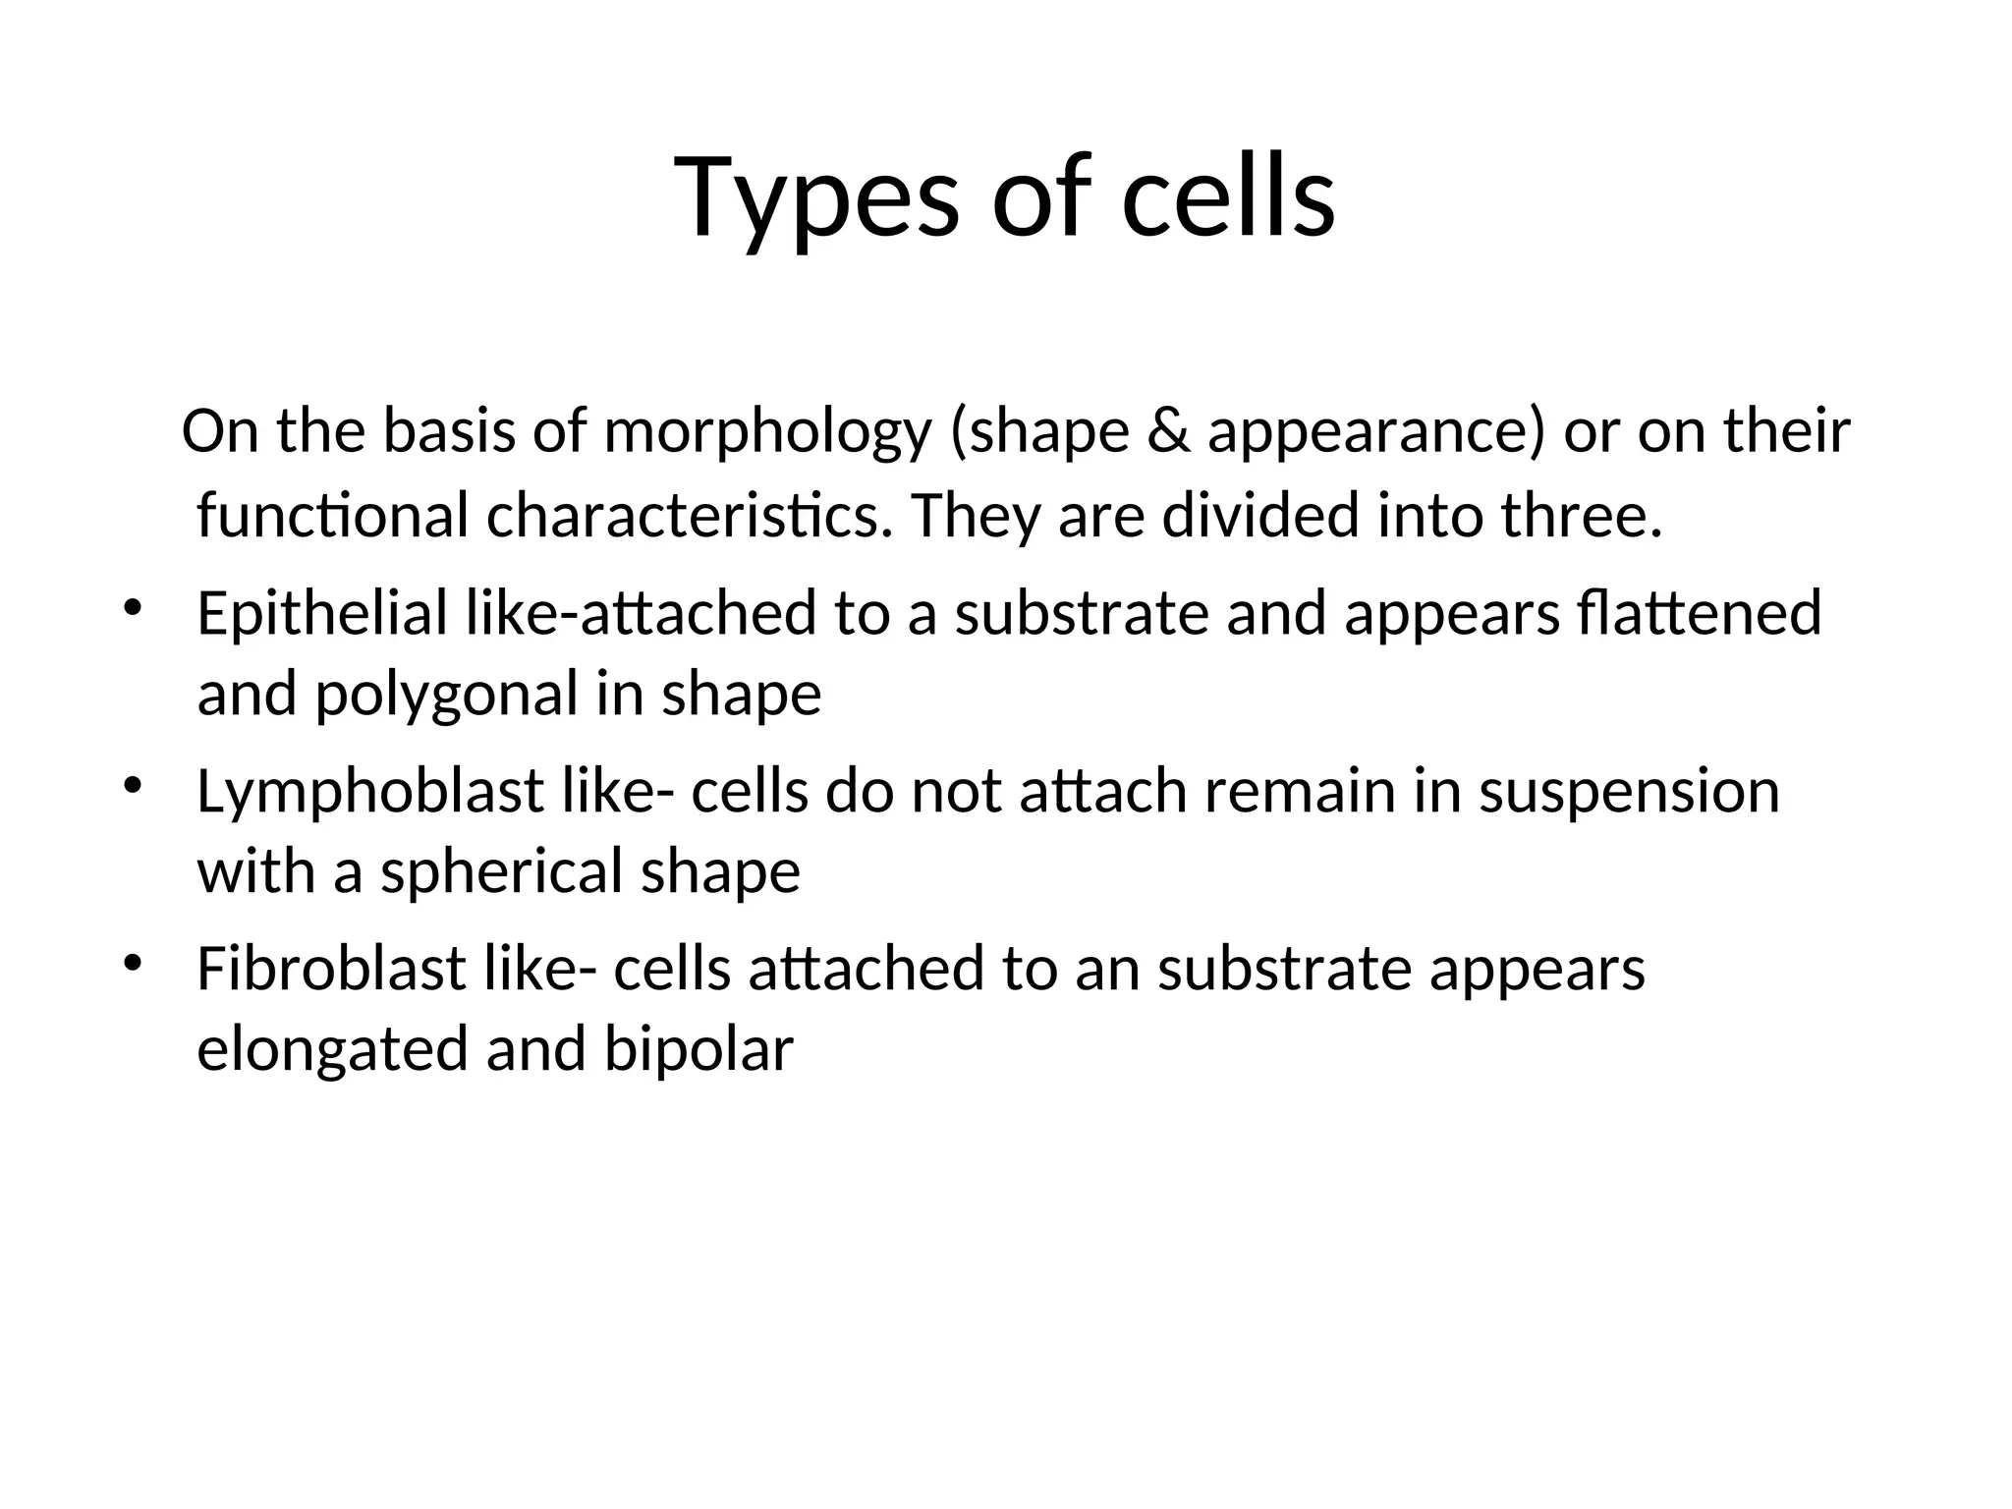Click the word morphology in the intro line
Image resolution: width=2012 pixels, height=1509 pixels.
click(x=767, y=432)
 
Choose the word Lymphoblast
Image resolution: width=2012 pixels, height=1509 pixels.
click(x=370, y=792)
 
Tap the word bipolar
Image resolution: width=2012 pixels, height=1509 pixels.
click(x=699, y=1049)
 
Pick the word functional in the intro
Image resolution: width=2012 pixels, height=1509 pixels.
click(x=333, y=517)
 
